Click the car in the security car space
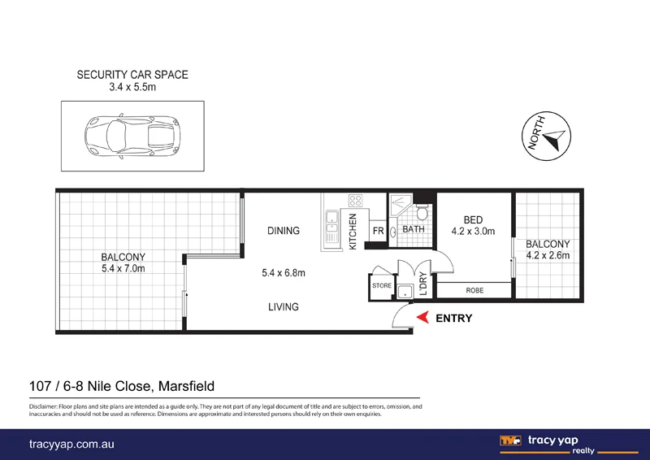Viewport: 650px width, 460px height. click(132, 136)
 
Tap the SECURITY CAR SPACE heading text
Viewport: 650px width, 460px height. click(132, 75)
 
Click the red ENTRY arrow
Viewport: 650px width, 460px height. click(422, 319)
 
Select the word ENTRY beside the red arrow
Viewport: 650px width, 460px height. click(454, 319)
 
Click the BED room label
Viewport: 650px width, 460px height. click(473, 219)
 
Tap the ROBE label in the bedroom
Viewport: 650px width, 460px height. click(475, 290)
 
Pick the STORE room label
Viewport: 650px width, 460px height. click(382, 286)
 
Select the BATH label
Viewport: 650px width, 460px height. click(414, 230)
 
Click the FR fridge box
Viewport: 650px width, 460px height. click(378, 231)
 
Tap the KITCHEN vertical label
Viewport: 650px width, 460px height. click(353, 230)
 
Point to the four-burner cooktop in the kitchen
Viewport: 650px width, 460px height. click(355, 200)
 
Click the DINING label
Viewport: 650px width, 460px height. click(284, 231)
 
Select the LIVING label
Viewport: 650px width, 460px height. click(284, 307)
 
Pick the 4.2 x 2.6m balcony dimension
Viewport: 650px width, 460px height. click(548, 256)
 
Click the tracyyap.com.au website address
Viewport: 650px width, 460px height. click(69, 444)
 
